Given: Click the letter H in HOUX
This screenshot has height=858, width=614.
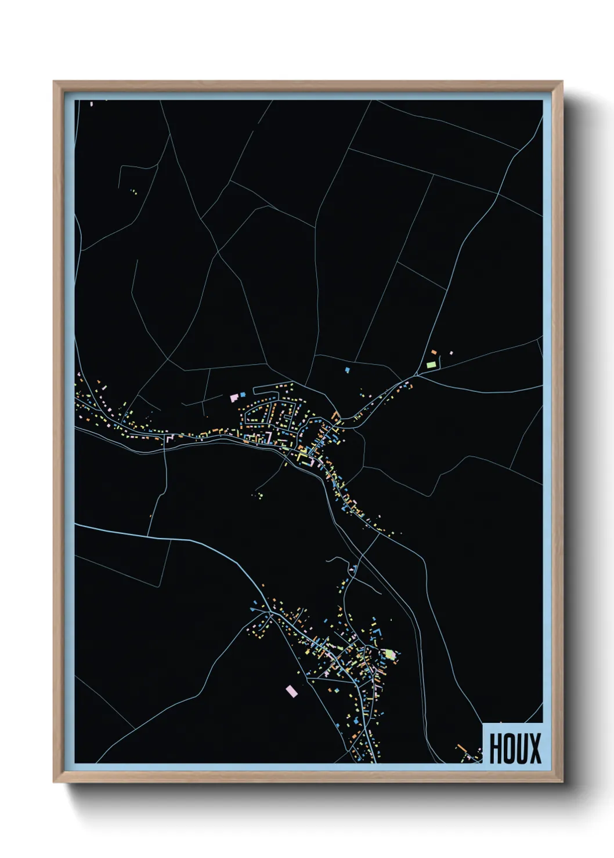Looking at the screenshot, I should [496, 748].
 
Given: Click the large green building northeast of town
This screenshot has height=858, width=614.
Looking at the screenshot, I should [431, 365].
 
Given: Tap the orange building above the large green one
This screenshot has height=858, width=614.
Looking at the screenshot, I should [433, 352].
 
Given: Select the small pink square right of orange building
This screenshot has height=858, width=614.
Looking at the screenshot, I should [451, 352].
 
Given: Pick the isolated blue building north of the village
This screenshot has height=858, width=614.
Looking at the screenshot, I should [348, 370].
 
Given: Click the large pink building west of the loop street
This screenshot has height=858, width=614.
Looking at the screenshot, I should [234, 398].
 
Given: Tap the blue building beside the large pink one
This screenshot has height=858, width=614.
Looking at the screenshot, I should [243, 394].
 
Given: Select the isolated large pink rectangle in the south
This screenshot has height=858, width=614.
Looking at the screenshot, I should [291, 690].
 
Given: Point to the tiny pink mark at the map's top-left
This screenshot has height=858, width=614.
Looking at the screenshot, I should [92, 104].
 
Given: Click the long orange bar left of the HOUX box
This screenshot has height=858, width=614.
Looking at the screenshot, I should [463, 748].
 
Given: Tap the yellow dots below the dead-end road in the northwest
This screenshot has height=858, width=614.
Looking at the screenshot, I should [134, 191].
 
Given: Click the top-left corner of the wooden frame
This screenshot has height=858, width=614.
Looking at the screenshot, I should [54, 82].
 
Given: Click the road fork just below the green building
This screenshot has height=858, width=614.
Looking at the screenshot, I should [417, 375].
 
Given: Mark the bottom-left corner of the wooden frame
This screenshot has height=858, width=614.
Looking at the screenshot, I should [54, 782].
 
